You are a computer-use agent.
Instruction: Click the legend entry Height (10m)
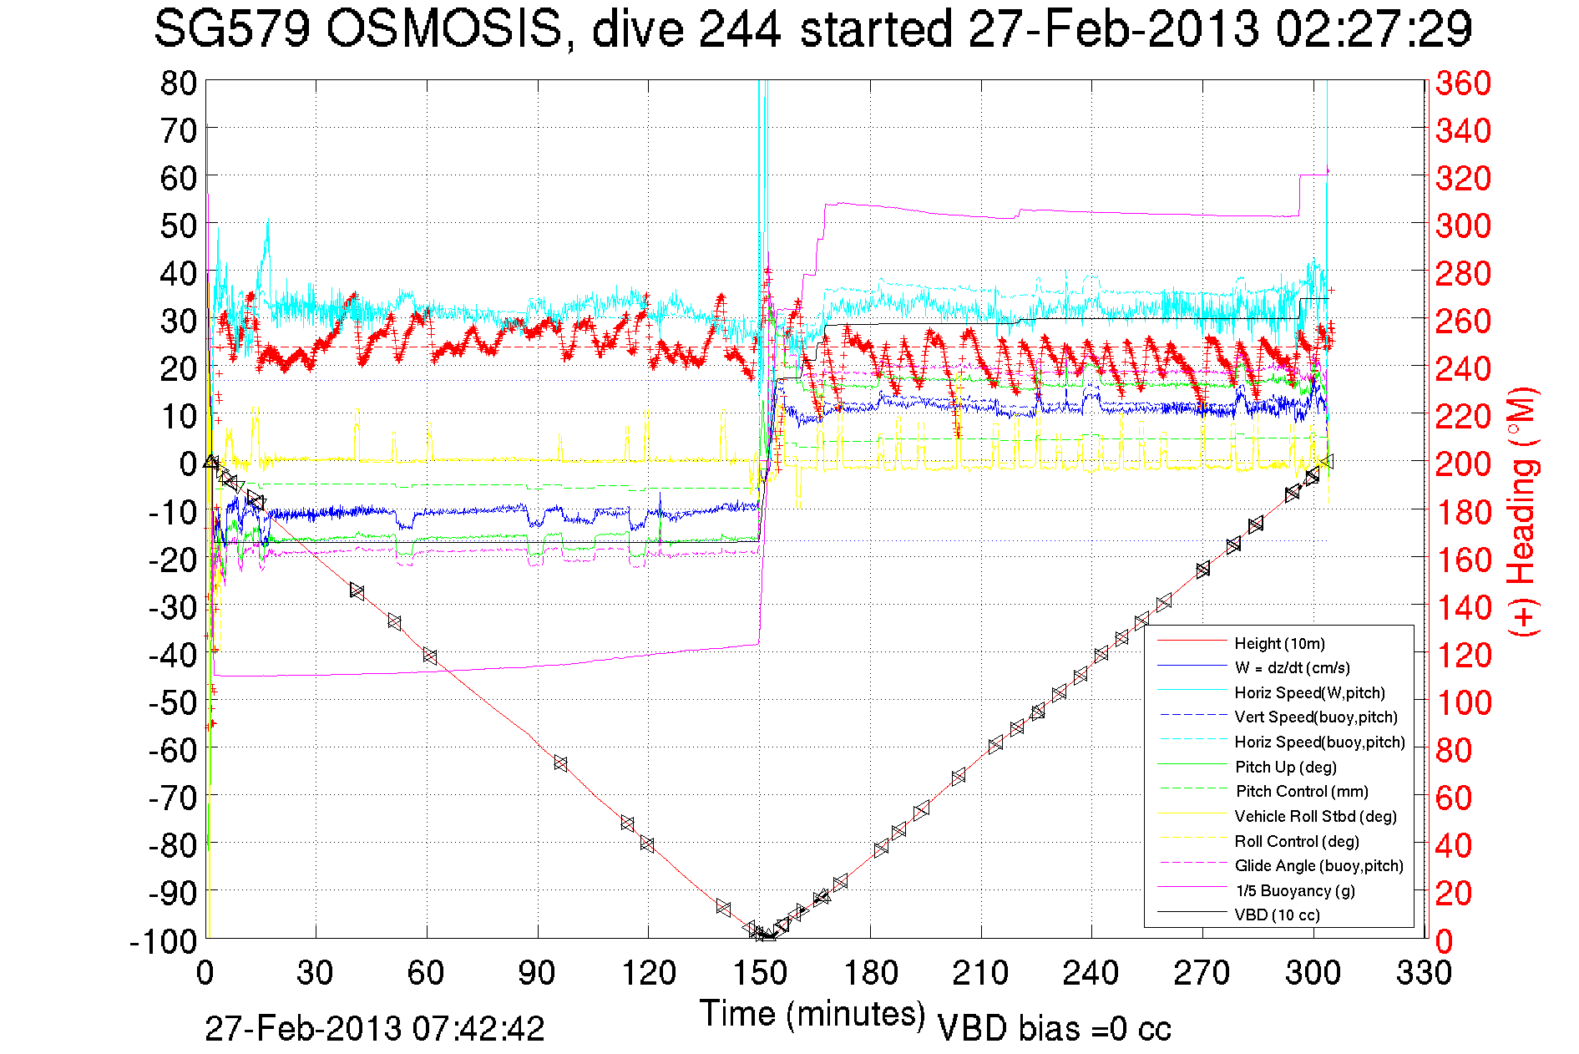[1279, 643]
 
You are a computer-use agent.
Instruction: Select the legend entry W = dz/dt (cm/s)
[1292, 667]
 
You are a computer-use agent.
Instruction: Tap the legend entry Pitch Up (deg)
[1285, 767]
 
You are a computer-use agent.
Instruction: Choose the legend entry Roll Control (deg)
[1296, 841]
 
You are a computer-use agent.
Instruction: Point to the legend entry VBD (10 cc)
[1277, 915]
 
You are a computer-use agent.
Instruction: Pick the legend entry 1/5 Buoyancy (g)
[1295, 890]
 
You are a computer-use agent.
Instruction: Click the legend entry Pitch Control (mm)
[1302, 791]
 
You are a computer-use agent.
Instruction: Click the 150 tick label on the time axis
[759, 973]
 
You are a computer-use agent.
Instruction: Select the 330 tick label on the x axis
[1424, 973]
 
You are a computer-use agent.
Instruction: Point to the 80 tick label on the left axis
[178, 83]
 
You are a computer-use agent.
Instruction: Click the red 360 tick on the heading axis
[1463, 83]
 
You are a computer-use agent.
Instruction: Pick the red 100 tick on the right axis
[1463, 702]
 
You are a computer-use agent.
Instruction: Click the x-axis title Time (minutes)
[812, 1014]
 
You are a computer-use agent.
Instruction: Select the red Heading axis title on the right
[1523, 511]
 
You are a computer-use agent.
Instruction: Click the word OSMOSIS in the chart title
[443, 29]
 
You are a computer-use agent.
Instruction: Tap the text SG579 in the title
[231, 29]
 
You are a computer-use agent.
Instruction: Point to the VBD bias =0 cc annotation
[1054, 1028]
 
